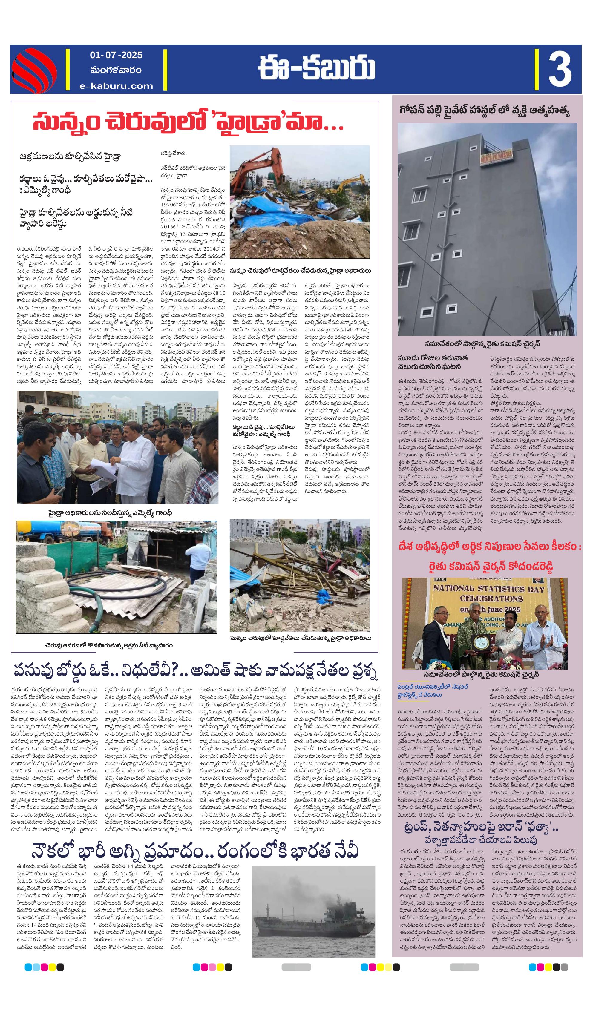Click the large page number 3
pos(560,69)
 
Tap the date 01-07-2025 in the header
pos(116,55)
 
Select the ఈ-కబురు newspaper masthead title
pos(316,69)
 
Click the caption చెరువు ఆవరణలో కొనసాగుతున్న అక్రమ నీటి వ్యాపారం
pos(109,645)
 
